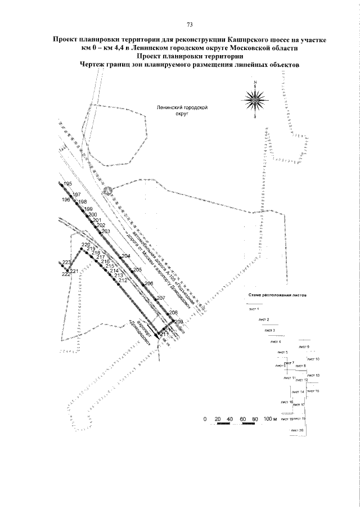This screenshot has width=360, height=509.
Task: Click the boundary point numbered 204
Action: pyautogui.click(x=125, y=256)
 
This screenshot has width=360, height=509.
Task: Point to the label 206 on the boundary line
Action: pyautogui.click(x=149, y=283)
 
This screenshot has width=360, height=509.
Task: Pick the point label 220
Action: pyautogui.click(x=85, y=245)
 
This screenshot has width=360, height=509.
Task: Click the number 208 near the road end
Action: pyautogui.click(x=173, y=313)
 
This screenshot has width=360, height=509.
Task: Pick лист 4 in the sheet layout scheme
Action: pyautogui.click(x=276, y=341)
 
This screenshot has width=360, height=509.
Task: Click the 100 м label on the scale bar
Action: pyautogui.click(x=271, y=420)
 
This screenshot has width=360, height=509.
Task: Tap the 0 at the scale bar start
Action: pyautogui.click(x=206, y=420)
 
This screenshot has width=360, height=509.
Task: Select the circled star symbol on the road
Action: pyautogui.click(x=110, y=191)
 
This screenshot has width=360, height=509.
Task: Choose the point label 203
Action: pyautogui.click(x=106, y=231)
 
